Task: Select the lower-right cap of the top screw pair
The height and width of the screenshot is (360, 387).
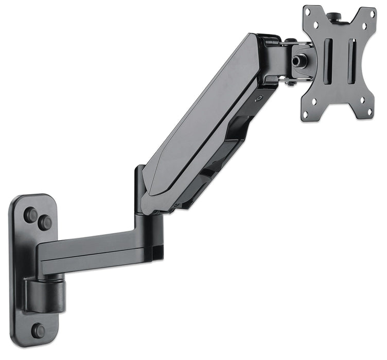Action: point(45,223)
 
